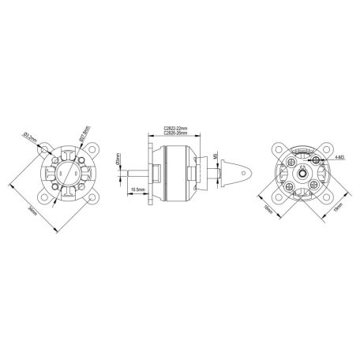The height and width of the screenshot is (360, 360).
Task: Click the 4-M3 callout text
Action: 338,159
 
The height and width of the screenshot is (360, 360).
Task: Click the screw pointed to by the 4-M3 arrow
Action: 315,159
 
